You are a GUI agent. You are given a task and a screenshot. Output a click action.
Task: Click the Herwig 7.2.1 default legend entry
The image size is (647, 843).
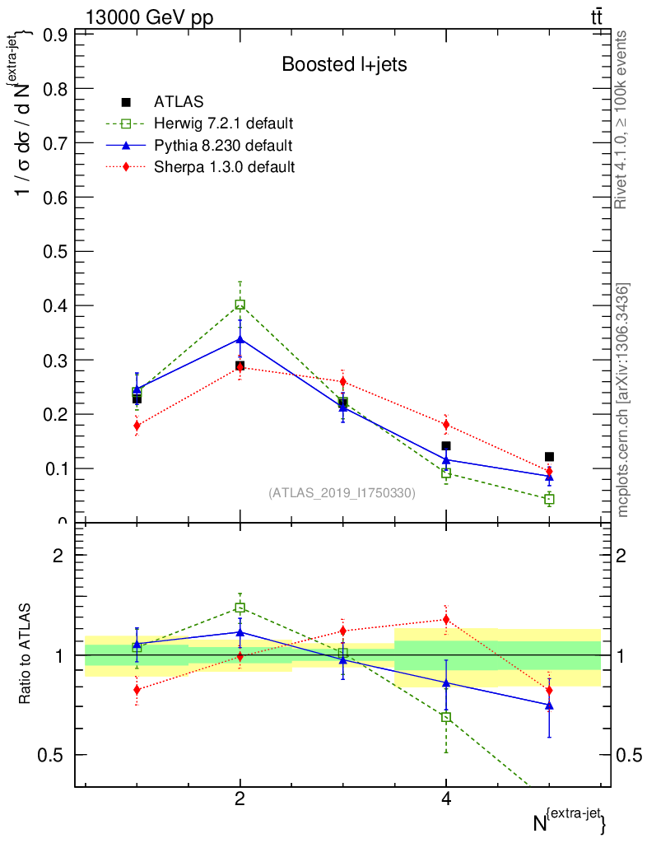223,123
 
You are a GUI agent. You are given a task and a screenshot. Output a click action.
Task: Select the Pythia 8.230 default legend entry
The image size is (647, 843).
222,146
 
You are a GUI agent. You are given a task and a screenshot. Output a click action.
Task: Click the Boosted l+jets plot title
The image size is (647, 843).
344,64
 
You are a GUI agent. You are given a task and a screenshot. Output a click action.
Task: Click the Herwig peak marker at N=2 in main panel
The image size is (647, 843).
240,305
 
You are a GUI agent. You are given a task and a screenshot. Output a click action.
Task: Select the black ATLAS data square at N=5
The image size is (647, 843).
549,457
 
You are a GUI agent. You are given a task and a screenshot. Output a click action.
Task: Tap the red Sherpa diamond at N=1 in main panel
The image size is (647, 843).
137,426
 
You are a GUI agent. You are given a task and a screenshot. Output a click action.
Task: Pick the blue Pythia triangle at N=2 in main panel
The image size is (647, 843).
240,338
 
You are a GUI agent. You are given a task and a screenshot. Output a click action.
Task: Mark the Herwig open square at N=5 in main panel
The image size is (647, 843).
549,499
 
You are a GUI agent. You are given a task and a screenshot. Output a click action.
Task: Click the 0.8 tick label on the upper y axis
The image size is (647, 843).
54,89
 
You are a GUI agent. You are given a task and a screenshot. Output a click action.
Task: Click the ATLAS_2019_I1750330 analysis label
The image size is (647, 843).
342,493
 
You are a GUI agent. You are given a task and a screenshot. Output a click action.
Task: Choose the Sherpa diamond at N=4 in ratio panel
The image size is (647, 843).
446,619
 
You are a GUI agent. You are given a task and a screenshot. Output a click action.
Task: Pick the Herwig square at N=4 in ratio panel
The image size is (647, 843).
446,717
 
